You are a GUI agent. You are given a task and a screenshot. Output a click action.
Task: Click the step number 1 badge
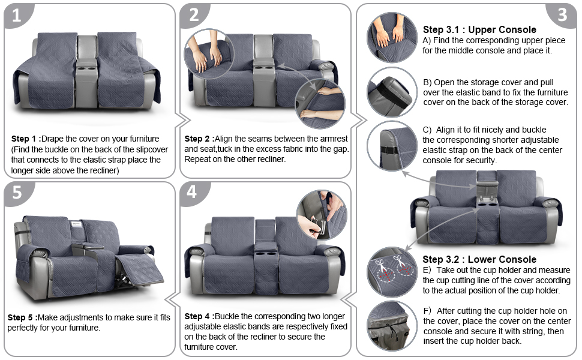tap(16, 16)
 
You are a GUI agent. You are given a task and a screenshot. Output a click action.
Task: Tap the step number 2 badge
tap(194, 16)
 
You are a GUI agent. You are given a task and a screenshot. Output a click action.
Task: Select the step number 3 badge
tap(562, 15)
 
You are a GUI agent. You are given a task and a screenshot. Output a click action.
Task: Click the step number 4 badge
tap(192, 193)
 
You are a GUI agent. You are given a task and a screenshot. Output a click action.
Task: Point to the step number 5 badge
tap(16, 193)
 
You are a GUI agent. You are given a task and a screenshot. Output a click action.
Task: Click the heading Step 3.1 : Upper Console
tap(479, 29)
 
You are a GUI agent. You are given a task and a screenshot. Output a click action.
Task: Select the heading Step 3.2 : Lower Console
tap(479, 259)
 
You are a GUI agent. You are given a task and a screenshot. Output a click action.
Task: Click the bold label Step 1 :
tap(26, 139)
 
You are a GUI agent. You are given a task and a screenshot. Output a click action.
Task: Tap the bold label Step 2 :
tap(199, 139)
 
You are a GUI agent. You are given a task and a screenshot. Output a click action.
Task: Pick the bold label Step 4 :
tap(199, 316)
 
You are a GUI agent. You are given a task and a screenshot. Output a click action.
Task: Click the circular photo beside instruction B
tap(392, 91)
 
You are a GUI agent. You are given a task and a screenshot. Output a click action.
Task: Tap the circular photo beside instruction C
tap(392, 146)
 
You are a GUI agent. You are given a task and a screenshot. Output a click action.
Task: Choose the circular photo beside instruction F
tap(392, 326)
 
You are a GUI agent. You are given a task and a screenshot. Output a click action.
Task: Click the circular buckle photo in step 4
tap(321, 215)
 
